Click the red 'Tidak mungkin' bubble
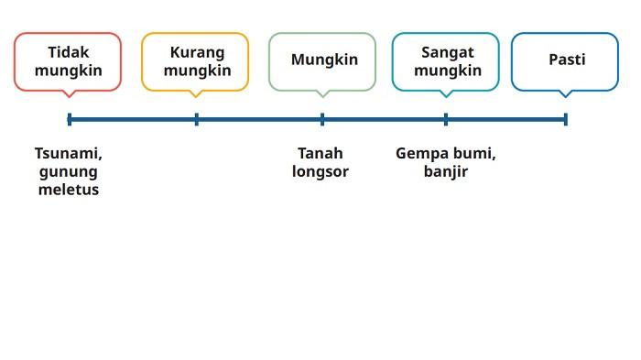pos(68,61)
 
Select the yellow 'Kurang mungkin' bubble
pos(195,61)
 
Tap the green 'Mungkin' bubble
pos(322,61)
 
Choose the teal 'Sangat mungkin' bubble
pos(446,61)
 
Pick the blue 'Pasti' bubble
pos(565,61)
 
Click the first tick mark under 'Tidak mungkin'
pos(70,119)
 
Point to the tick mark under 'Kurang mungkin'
pos(197,119)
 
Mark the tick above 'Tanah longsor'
pos(322,119)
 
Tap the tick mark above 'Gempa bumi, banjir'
pos(446,119)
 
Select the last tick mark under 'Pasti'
pos(566,119)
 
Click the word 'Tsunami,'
pos(69,153)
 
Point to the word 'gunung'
pos(69,171)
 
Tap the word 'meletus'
pos(69,190)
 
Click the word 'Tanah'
pos(320,153)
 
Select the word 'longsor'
pos(320,171)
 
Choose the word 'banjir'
pos(446,171)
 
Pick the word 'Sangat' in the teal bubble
pos(448,52)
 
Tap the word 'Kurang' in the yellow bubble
pos(197,52)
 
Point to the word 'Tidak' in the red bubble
pos(69,52)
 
